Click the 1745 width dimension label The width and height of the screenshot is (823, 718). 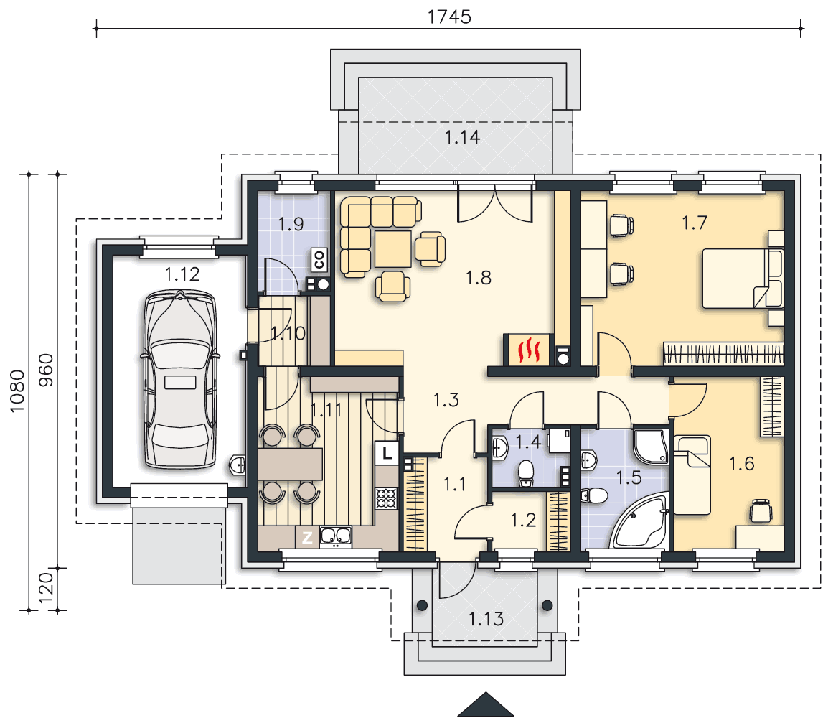[x=449, y=17]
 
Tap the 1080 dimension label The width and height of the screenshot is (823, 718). [x=17, y=391]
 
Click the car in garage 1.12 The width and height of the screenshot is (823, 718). [x=180, y=379]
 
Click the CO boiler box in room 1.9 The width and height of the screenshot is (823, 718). [x=319, y=259]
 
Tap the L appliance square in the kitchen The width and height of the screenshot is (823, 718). [x=387, y=452]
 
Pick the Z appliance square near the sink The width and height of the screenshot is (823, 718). [x=308, y=537]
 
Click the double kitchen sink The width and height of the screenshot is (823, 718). [x=335, y=536]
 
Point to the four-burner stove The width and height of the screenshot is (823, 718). [x=387, y=498]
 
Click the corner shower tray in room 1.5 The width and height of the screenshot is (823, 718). [x=652, y=447]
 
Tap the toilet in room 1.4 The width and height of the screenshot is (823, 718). [x=525, y=473]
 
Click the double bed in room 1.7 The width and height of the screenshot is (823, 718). [x=743, y=279]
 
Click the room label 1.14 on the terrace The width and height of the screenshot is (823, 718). [x=462, y=138]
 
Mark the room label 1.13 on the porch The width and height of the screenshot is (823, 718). [x=486, y=619]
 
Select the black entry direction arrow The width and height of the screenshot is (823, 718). [x=486, y=704]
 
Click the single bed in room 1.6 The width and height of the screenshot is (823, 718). [x=692, y=475]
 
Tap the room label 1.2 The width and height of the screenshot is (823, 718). [x=523, y=520]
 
